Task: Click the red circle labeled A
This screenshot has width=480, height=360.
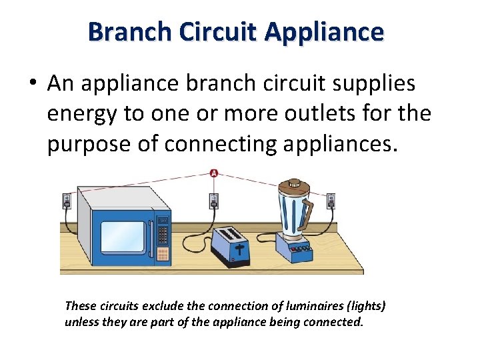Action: click(x=213, y=173)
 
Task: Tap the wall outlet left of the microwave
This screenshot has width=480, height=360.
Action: click(x=66, y=201)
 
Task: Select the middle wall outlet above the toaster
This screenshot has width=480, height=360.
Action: click(x=213, y=200)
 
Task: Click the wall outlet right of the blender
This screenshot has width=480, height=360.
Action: click(x=331, y=200)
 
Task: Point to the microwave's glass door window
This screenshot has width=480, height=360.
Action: click(x=123, y=236)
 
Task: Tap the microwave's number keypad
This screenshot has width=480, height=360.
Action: click(x=162, y=234)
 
